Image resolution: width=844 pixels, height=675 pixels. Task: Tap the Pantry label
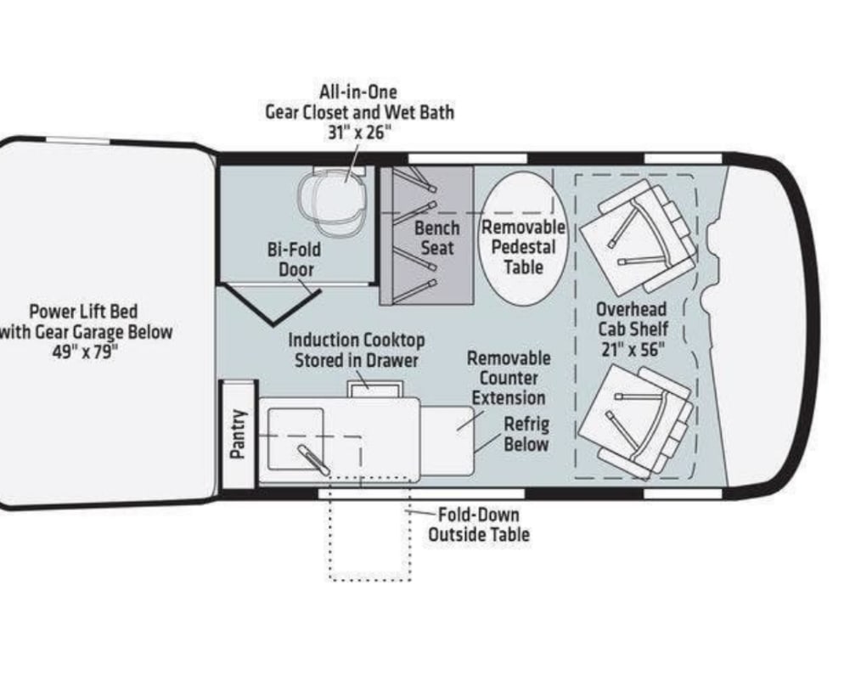tap(239, 434)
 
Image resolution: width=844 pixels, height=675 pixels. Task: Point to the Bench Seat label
tap(436, 239)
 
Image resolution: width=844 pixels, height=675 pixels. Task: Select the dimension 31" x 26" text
tap(359, 132)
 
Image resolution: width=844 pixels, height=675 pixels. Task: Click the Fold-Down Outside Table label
tap(478, 525)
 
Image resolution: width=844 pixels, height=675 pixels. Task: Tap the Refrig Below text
tap(526, 435)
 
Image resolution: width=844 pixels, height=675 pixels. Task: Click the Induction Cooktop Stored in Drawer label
tap(356, 350)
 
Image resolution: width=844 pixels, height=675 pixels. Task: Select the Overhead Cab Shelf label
tap(631, 318)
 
